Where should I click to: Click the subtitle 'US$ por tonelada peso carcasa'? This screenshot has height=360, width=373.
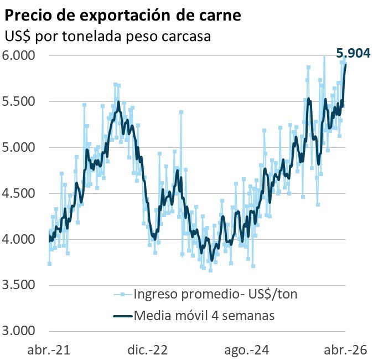110,37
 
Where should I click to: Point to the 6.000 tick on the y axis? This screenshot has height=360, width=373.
19,56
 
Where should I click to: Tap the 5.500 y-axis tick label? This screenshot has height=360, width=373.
19,102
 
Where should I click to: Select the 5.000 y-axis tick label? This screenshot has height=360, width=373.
19,148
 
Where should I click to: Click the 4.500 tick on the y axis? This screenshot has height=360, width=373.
19,194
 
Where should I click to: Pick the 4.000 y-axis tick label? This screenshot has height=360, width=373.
19,240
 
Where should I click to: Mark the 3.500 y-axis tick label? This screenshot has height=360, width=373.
19,286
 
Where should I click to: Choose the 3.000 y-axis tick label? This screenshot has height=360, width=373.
19,331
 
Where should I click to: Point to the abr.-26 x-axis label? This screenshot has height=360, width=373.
346,350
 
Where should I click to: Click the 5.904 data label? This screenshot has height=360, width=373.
353,53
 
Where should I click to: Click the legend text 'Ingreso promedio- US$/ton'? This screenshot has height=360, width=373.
215,294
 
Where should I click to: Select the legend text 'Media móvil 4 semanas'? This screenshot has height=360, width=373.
204,316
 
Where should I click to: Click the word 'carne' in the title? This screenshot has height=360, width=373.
221,16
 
